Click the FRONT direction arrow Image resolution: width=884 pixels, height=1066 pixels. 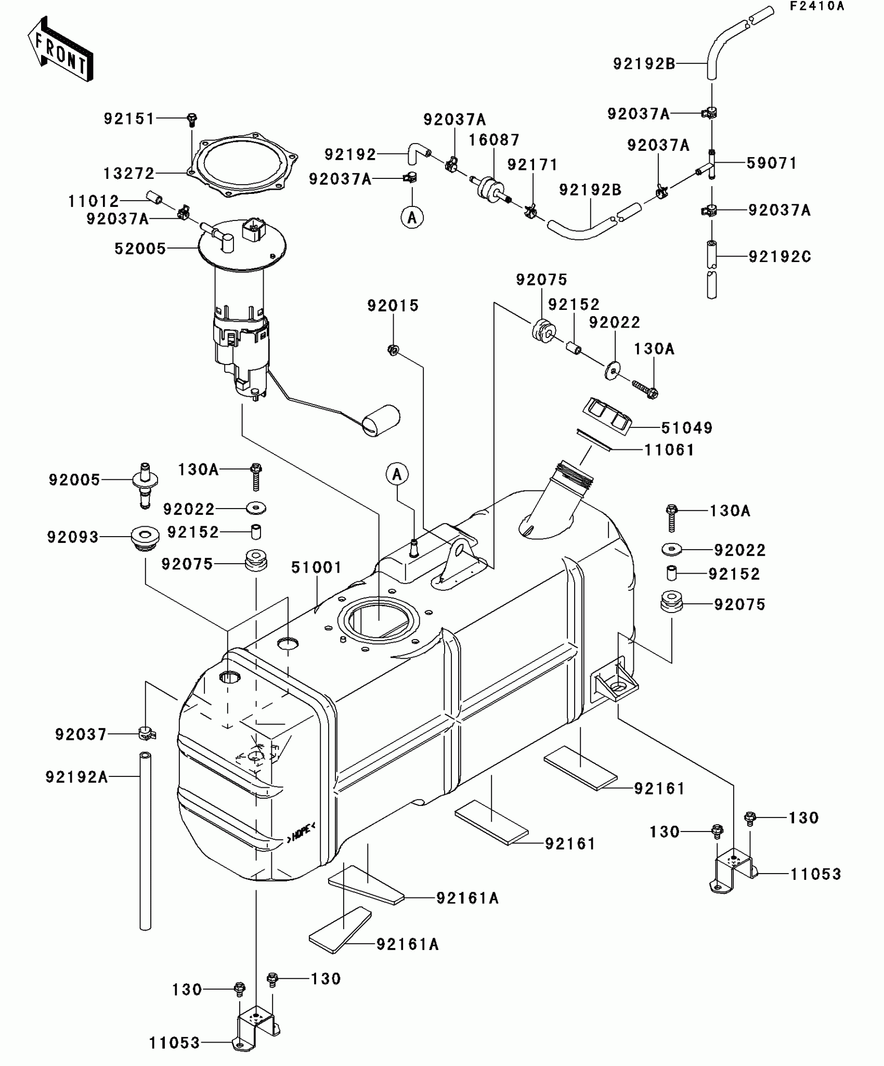pos(60,50)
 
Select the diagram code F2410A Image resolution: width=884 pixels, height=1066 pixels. pos(817,6)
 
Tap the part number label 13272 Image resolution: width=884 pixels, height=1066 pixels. pos(129,173)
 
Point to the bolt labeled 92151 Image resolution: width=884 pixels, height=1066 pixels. pos(192,120)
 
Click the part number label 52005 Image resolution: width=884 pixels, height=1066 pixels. pos(140,249)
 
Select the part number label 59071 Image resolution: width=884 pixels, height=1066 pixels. pos(772,163)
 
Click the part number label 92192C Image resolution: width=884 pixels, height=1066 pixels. pos(779,257)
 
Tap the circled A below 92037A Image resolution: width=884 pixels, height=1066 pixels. pos(412,217)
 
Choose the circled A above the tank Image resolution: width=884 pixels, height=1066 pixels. pos(397,474)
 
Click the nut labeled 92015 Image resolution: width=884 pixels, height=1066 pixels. pos(393,350)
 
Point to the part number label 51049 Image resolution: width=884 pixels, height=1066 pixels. pos(686,428)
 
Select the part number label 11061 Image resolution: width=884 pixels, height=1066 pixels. pos(669,450)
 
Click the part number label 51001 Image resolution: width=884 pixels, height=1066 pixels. pos(316,567)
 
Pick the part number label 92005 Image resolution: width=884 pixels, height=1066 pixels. pos(74,480)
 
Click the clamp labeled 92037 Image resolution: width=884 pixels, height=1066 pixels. pos(148,734)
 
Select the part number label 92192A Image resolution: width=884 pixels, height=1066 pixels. pos(76,777)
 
